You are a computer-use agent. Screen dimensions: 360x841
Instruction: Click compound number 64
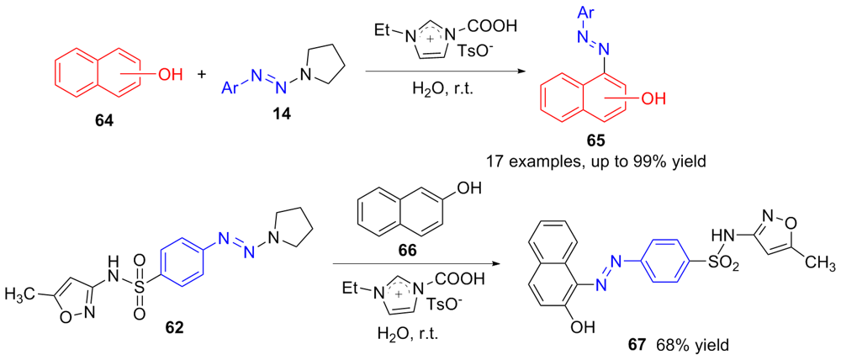click(x=105, y=120)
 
